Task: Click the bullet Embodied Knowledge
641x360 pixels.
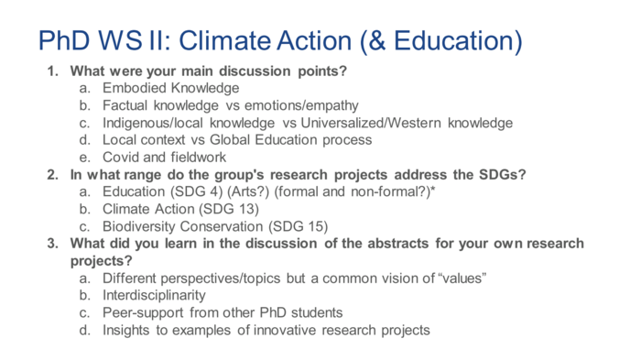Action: pos(170,88)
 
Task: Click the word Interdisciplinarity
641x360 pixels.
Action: pos(154,295)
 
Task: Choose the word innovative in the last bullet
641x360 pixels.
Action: pos(275,330)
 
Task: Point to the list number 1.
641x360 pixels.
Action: pos(53,71)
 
